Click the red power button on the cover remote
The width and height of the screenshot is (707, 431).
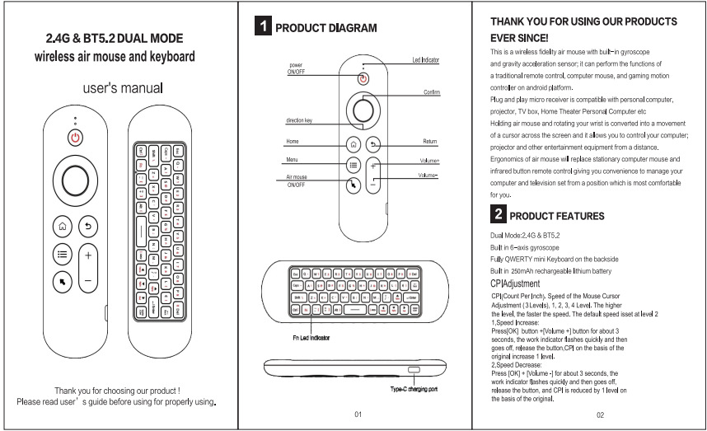76,137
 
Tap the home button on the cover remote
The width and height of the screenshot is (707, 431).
63,224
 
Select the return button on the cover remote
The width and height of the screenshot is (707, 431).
88,224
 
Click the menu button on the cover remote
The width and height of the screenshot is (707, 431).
63,255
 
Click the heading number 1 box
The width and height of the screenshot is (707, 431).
262,27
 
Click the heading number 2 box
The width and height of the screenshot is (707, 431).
498,216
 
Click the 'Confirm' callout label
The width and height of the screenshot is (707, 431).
432,92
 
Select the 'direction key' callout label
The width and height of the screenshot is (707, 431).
299,120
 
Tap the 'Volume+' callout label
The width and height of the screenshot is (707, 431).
429,161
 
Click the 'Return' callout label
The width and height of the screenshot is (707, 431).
429,142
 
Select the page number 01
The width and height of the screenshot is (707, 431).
358,413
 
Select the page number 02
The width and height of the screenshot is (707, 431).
600,414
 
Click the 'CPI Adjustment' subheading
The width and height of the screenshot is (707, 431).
515,284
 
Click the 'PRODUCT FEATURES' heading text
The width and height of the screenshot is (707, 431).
557,217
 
